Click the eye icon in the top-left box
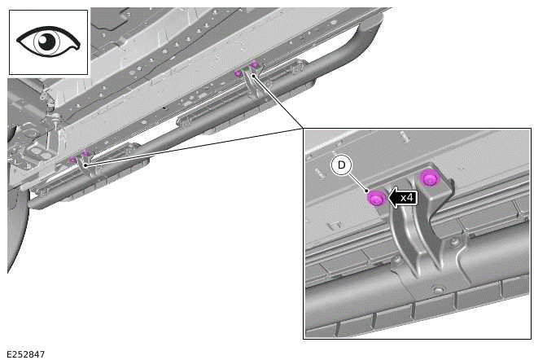(48, 42)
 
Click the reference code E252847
(25, 353)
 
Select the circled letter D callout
(342, 165)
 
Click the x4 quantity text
(407, 197)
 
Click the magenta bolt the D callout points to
(376, 198)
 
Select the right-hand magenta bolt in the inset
(429, 178)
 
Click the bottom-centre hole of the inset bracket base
(439, 290)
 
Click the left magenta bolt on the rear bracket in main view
(238, 73)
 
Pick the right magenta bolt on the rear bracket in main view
(254, 64)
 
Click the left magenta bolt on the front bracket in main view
(72, 160)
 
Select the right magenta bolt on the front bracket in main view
(85, 153)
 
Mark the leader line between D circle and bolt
(359, 182)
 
